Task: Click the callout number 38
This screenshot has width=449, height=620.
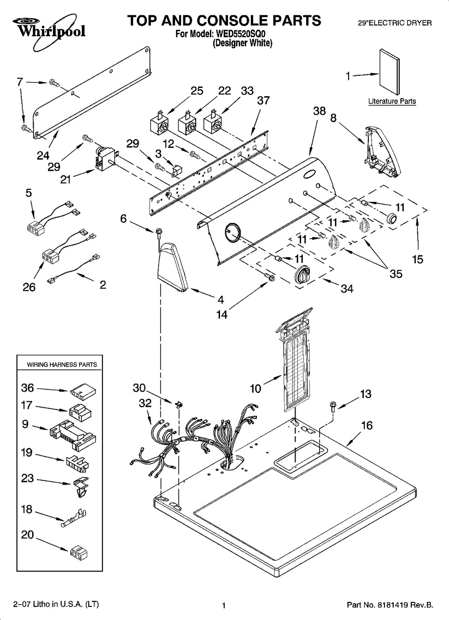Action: (320, 111)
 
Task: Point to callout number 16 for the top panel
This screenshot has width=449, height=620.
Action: (367, 425)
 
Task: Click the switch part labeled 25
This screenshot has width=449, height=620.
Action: (159, 124)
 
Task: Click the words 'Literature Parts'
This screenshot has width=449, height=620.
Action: (392, 101)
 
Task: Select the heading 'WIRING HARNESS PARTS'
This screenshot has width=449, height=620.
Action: (62, 365)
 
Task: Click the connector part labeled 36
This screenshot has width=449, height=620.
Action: (80, 393)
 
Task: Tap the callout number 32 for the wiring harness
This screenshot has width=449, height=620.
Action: (145, 403)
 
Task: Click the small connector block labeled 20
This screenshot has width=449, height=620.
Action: (77, 552)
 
